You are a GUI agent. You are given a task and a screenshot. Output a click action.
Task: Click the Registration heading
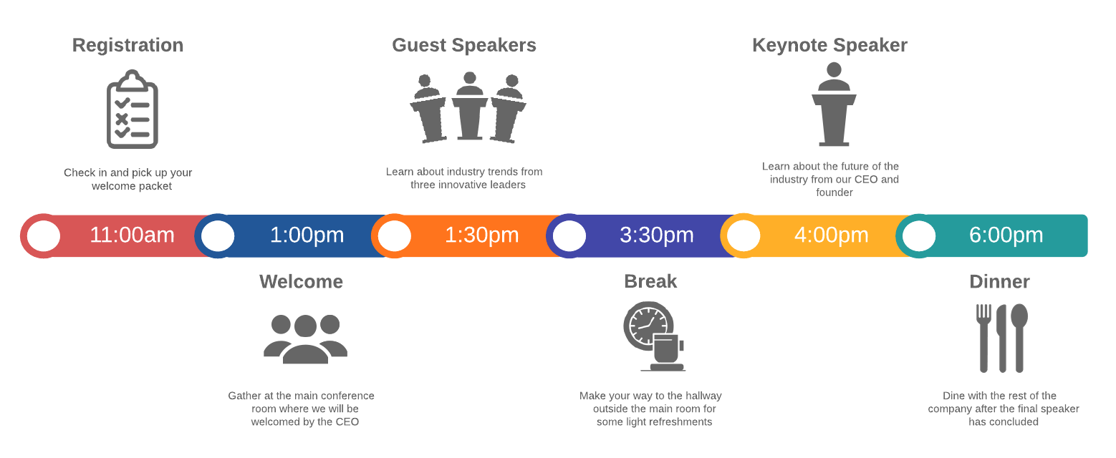coord(128,45)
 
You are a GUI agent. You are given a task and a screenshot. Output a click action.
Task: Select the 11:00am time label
coord(132,235)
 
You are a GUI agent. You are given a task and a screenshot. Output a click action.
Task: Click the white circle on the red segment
coord(44,236)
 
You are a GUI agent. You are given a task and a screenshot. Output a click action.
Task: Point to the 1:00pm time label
coord(307,235)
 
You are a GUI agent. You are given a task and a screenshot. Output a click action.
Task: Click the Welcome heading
coord(301,281)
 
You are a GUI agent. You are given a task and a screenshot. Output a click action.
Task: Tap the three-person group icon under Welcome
coord(305,338)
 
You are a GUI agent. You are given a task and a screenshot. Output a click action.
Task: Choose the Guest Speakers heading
coord(463,45)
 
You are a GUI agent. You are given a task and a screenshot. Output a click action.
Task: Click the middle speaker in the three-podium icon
coord(469,106)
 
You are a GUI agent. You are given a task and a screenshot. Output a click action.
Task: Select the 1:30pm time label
coord(481,235)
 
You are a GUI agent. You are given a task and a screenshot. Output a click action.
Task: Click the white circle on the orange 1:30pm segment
coord(394,236)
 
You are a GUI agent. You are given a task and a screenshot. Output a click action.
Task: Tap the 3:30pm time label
coord(656,235)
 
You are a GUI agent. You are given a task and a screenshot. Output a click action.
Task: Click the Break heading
coord(650,281)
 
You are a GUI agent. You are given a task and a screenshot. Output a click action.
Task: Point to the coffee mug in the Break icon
coord(666,349)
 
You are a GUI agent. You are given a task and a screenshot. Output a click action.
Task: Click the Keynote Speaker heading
coord(829,45)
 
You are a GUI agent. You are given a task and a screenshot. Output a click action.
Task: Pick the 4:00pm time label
coord(831,235)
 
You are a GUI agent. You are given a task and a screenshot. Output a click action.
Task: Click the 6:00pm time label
coord(1006,235)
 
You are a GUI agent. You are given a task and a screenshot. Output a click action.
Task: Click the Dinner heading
coord(999,281)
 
